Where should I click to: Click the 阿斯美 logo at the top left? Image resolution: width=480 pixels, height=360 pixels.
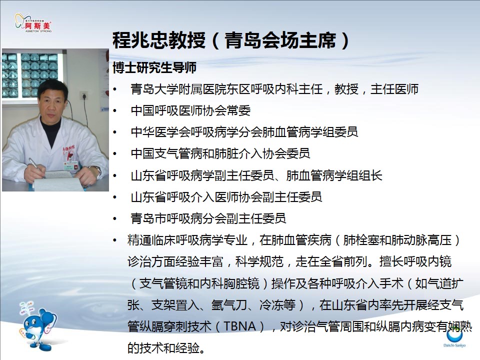[x=33, y=23]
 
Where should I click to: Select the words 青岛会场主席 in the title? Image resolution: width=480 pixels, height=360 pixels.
[x=280, y=40]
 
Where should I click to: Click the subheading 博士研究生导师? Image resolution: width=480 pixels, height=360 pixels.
[x=154, y=67]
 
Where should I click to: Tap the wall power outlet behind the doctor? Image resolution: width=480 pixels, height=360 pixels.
[x=83, y=95]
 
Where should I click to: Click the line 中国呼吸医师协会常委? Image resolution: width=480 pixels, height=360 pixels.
[x=190, y=110]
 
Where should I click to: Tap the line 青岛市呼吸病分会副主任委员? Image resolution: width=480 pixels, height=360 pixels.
[x=208, y=218]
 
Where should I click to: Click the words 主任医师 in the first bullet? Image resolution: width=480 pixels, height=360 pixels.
[x=394, y=89]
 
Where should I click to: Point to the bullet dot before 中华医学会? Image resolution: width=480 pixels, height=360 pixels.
[x=115, y=132]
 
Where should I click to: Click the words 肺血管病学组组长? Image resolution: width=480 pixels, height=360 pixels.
[x=334, y=175]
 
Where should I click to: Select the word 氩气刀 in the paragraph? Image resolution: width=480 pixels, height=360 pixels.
[x=229, y=305]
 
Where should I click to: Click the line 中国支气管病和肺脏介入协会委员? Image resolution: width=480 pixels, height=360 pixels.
[x=220, y=153]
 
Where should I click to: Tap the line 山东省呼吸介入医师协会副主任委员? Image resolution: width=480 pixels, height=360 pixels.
[x=226, y=197]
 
